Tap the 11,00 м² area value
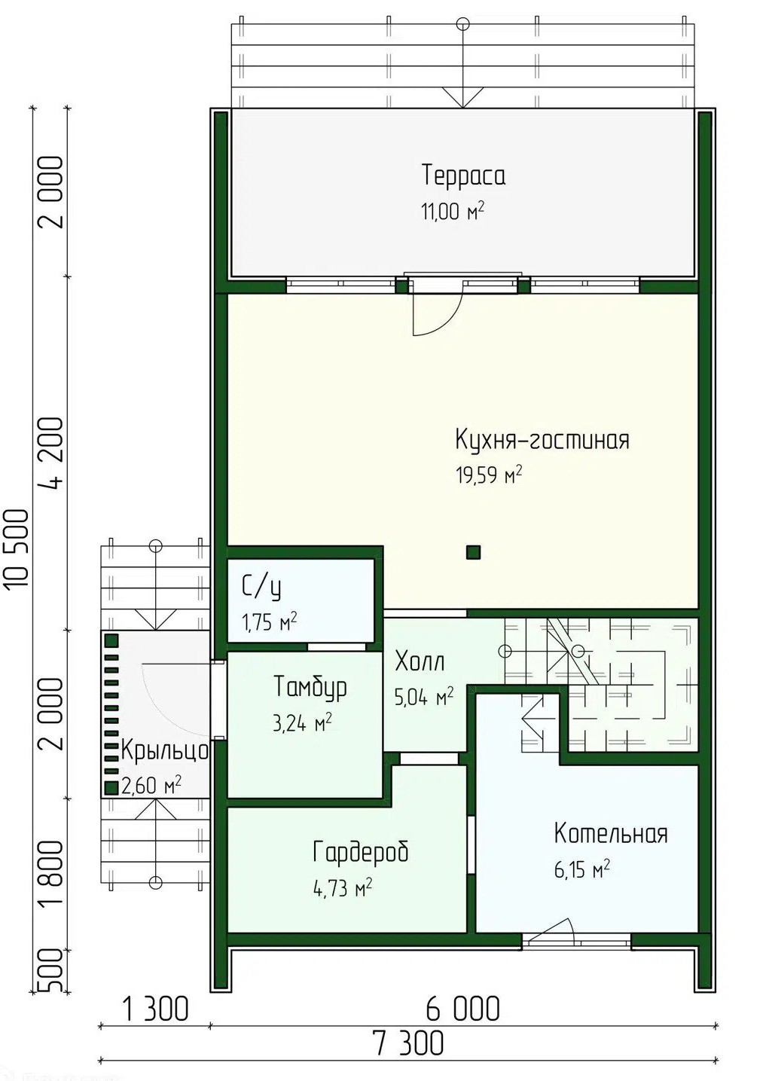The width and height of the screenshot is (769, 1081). pyautogui.click(x=453, y=212)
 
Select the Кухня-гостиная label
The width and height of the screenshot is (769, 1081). pyautogui.click(x=542, y=440)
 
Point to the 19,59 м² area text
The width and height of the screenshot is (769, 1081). pyautogui.click(x=489, y=475)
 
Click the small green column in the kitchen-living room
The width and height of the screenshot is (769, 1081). pyautogui.click(x=473, y=552)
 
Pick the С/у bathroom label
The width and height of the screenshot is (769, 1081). pyautogui.click(x=261, y=588)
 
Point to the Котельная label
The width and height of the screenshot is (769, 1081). pyautogui.click(x=611, y=833)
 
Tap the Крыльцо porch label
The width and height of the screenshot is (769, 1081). pyautogui.click(x=164, y=751)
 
